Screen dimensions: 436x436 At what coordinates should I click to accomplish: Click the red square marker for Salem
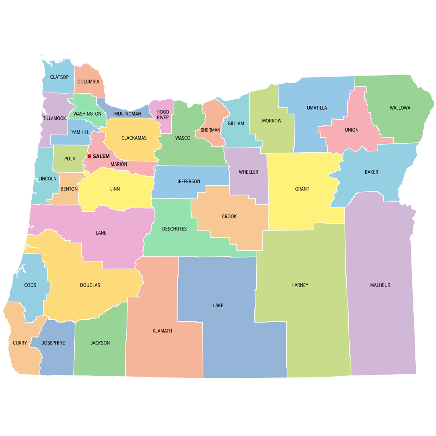click(x=89, y=156)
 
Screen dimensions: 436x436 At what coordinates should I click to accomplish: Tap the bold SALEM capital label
click(x=101, y=156)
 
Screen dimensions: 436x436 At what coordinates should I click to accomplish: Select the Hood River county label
click(x=163, y=115)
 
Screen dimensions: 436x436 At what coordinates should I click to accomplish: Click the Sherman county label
click(x=210, y=130)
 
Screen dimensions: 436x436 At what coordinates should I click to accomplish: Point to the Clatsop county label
click(x=59, y=77)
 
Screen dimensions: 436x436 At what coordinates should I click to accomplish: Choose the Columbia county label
click(x=88, y=82)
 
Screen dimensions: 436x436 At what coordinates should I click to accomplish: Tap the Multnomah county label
click(x=128, y=114)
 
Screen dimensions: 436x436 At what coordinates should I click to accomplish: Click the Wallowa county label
click(x=400, y=108)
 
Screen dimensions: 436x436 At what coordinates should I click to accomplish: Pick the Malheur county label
click(x=380, y=285)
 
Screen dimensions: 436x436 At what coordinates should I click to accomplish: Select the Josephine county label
click(x=53, y=343)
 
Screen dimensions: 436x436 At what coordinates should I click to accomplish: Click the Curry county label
click(x=20, y=343)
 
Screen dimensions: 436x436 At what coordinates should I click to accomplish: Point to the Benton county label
click(x=69, y=189)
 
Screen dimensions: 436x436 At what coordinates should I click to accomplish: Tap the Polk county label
click(x=70, y=159)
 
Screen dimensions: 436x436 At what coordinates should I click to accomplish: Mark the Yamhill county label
click(x=80, y=132)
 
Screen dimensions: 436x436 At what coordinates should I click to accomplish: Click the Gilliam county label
click(x=236, y=124)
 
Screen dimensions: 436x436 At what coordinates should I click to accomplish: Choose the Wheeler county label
click(x=248, y=172)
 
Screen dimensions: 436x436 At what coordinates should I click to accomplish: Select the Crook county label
click(x=229, y=216)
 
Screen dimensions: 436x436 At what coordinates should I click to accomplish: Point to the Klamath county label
click(x=162, y=331)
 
